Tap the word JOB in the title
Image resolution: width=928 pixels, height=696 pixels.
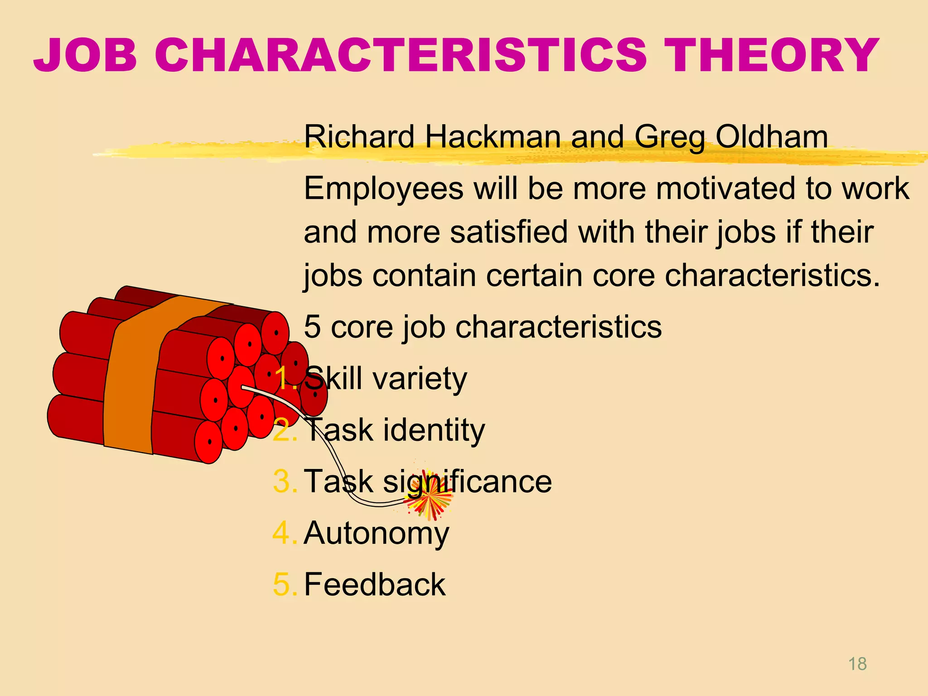[x=85, y=55]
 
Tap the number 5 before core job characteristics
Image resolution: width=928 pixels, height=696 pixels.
[x=312, y=327]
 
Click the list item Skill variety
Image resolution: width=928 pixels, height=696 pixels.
[x=385, y=379]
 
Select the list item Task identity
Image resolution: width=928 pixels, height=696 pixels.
[x=394, y=430]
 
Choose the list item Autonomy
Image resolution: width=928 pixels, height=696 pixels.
[x=376, y=533]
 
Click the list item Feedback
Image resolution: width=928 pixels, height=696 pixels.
[x=375, y=585]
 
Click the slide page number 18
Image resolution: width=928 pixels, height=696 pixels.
[x=857, y=664]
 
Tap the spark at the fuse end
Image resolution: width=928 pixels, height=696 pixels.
[x=428, y=500]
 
